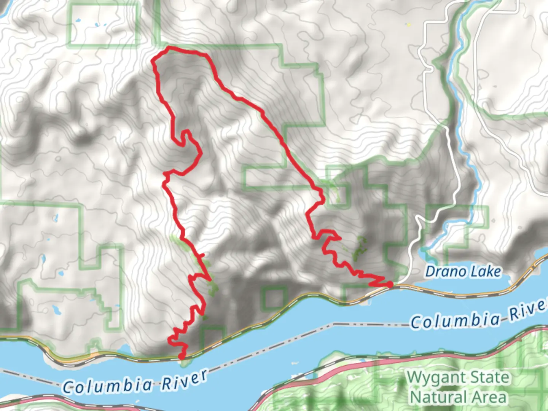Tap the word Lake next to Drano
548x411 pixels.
[487, 271]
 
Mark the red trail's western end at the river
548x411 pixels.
[182, 357]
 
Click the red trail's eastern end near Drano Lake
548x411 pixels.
[390, 284]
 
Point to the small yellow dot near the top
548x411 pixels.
[409, 25]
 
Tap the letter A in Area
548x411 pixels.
[476, 397]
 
